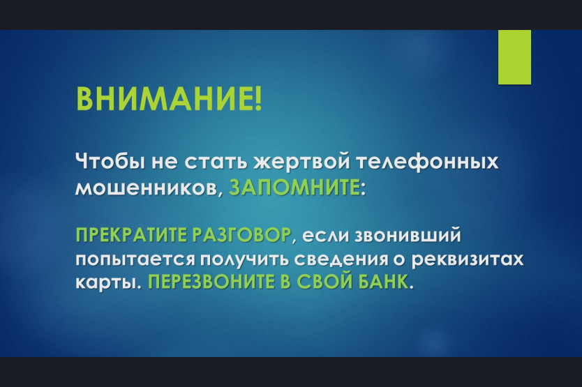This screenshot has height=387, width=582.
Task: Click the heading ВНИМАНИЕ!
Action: point(169,99)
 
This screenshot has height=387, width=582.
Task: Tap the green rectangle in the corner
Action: point(514,57)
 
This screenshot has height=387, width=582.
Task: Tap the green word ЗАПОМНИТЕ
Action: point(294,188)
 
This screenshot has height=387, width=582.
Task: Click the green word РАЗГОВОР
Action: point(241,234)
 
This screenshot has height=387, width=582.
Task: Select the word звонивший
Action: point(408,235)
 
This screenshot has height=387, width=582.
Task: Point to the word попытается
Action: point(135,260)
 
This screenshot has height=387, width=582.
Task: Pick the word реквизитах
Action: point(468,259)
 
